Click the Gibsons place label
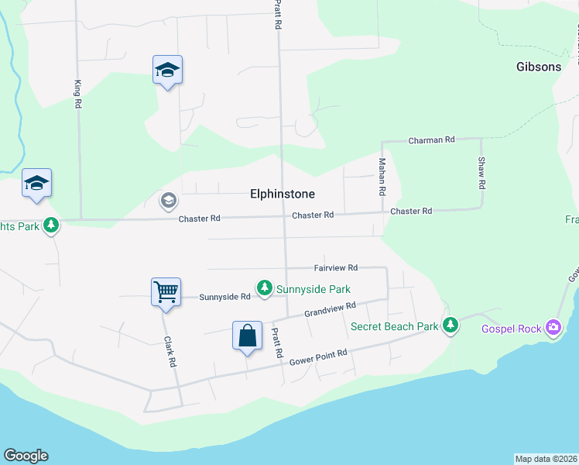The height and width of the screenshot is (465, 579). tap(539, 67)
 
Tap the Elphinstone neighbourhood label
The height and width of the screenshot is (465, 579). tap(283, 194)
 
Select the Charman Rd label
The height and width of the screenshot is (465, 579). tap(431, 140)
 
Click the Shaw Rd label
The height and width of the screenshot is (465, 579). tap(481, 173)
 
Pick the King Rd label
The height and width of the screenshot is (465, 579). tap(77, 94)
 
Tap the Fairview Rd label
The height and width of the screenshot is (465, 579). tap(335, 267)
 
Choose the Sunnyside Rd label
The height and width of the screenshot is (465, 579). tap(224, 297)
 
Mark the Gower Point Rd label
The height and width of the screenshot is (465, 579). tap(318, 357)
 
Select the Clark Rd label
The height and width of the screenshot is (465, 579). tap(171, 351)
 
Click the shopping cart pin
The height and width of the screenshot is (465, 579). tap(166, 292)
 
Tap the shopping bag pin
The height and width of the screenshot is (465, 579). tap(247, 336)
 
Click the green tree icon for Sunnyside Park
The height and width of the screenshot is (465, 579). tap(265, 288)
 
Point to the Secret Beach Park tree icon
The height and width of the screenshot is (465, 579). tap(451, 325)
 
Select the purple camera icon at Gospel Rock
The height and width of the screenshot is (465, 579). tap(553, 328)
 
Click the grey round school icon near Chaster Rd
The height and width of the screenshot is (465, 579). tap(167, 201)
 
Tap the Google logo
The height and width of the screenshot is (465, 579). tap(26, 456)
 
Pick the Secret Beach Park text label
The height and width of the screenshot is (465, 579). tap(394, 326)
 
